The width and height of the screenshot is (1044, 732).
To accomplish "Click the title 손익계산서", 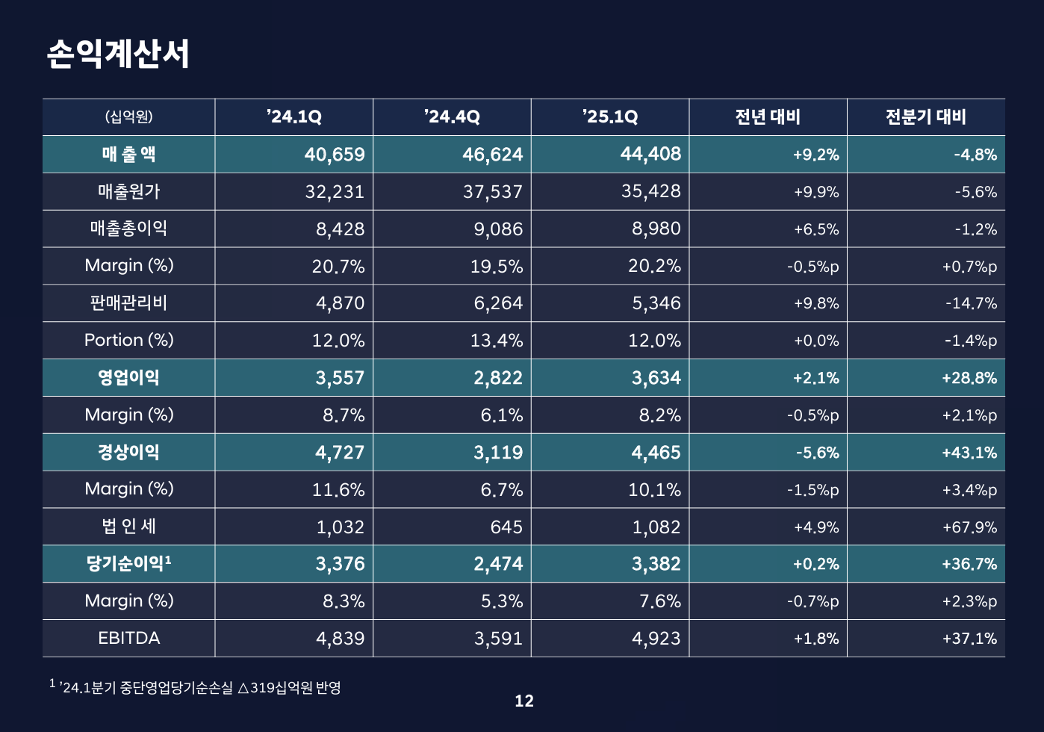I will pos(118,54).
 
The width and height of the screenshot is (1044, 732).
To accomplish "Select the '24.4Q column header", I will pos(452,117).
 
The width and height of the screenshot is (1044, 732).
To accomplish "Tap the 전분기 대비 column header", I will pos(926,117).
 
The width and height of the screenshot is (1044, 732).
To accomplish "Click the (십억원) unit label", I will pos(128,117).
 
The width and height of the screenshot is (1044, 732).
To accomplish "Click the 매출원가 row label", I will pos(128,192).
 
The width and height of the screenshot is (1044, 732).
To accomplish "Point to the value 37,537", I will pos(493,192).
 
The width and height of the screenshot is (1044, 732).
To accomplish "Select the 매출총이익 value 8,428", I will pos(341,229).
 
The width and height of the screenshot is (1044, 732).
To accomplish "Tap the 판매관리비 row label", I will pos(128,303).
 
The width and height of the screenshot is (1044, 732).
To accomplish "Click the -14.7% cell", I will pos(971,304).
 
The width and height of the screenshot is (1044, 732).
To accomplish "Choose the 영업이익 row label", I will pos(128,378).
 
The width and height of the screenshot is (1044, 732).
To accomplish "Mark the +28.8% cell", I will pos(969,378).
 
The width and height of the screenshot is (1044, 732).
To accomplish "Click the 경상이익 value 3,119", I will pos(498,453).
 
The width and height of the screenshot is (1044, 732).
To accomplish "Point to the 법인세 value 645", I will pos(506,527).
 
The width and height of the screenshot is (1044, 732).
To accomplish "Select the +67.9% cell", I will pos(969,527).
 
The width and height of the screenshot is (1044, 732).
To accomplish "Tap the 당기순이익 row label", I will pos(128,564).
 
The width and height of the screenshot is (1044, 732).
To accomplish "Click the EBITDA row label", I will pos(128,639).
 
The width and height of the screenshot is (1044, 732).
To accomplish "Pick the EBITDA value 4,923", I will pos(656,639).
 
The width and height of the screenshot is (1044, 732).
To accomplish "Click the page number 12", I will pos(524,701).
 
